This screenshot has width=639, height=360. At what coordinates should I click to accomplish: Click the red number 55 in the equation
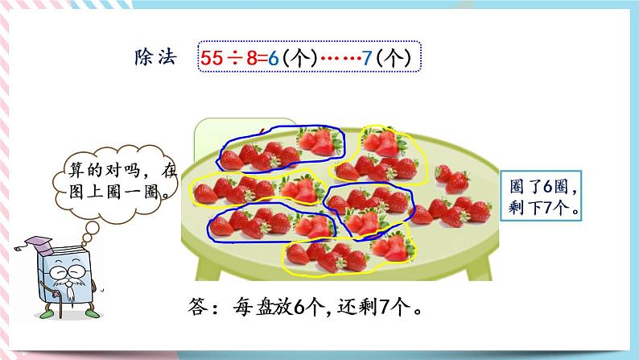211,58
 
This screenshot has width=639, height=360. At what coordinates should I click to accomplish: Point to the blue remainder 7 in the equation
367,58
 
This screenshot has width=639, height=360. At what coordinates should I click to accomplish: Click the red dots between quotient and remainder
335,59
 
